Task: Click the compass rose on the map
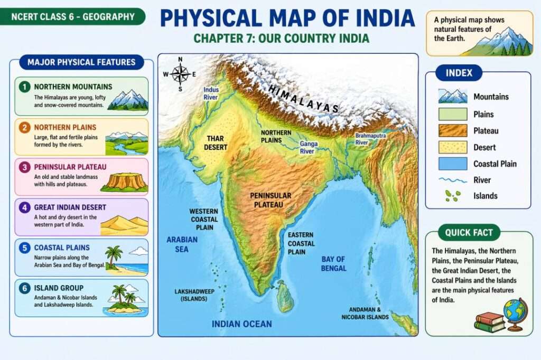pos(180,74)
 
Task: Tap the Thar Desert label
pos(216,143)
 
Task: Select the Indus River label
pos(211,93)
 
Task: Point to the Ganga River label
pos(307,147)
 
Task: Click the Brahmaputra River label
pos(370,139)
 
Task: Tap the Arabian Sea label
pos(182,244)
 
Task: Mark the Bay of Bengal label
pos(334,263)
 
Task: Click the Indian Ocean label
pos(242,324)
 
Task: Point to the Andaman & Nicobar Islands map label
pos(369,313)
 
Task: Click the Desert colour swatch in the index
pos(453,147)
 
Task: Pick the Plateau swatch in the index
pos(453,130)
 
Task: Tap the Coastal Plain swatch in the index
pos(453,164)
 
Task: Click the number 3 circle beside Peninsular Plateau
pos(24,167)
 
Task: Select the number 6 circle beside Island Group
pos(24,288)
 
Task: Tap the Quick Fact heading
pos(469,232)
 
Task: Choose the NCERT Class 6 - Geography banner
pos(73,16)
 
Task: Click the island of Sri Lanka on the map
pos(285,297)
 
